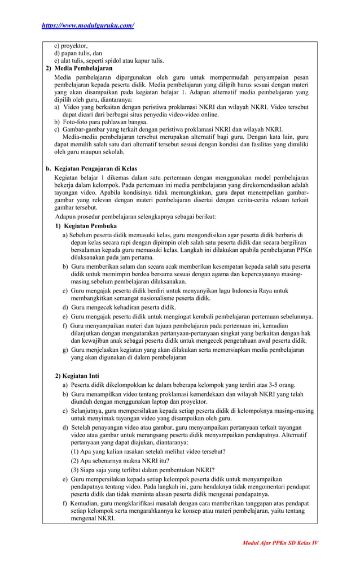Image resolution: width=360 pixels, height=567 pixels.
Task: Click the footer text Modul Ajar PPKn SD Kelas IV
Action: click(x=280, y=543)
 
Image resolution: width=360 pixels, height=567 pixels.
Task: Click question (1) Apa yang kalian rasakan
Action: click(x=148, y=451)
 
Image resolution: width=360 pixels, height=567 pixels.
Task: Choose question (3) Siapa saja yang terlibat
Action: click(x=142, y=469)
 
